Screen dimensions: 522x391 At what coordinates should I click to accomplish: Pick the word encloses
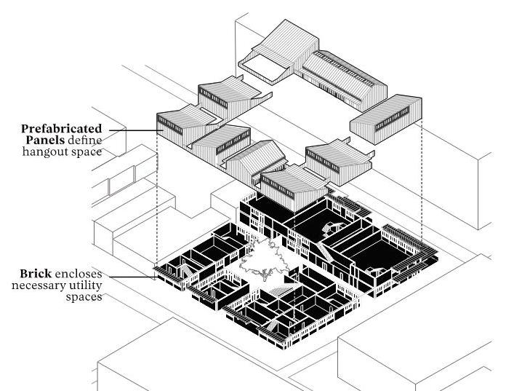(x=78, y=275)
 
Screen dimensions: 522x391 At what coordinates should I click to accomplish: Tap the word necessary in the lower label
(x=38, y=286)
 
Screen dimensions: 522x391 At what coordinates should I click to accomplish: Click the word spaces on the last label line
(x=84, y=297)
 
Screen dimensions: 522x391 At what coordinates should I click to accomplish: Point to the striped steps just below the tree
(x=276, y=291)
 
